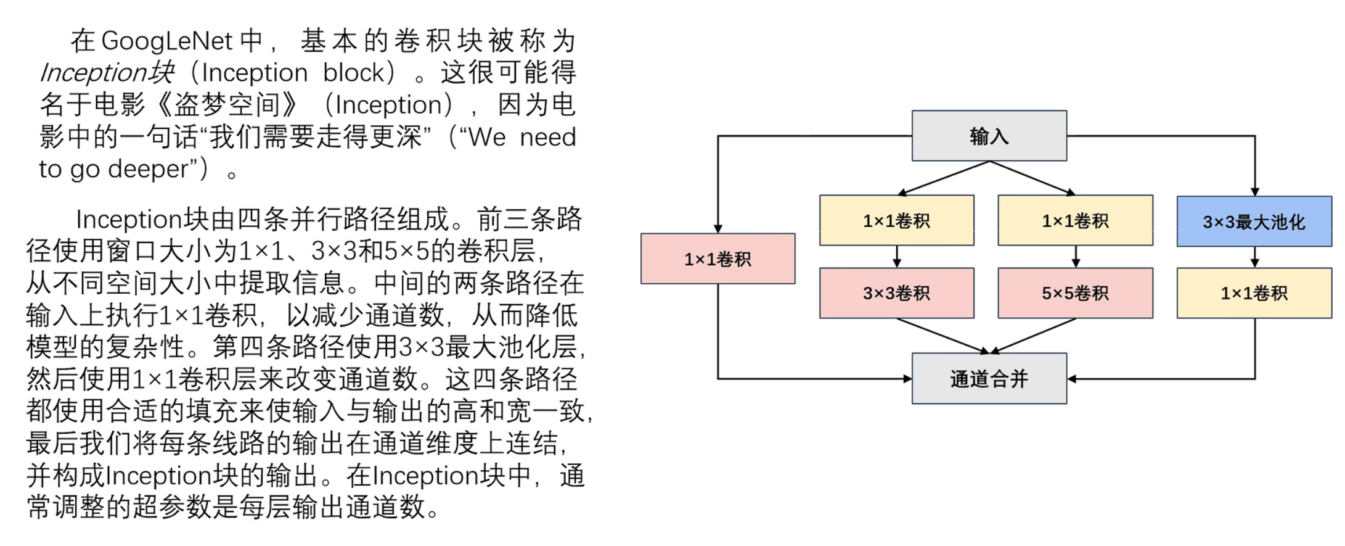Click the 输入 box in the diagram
[x=989, y=136]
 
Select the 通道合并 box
[x=989, y=378]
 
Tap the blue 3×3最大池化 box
[x=1254, y=221]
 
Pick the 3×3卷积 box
[x=896, y=293]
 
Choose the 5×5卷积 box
[x=1075, y=293]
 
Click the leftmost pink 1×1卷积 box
[x=717, y=259]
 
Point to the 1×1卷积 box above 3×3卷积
[x=896, y=220]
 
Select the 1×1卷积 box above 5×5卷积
[x=1075, y=220]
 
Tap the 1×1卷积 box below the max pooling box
[x=1254, y=293]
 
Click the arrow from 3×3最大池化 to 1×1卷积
[x=1254, y=257]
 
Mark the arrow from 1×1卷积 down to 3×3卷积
[x=897, y=256]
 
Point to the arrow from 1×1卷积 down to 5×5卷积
[x=1076, y=256]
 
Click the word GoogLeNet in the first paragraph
[x=167, y=41]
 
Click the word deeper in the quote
[x=148, y=168]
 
